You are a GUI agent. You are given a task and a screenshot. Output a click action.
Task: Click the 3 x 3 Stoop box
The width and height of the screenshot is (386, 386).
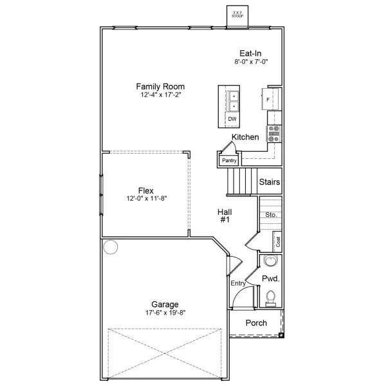tap(237, 14)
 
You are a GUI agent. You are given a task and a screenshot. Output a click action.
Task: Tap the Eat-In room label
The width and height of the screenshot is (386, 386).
tap(250, 53)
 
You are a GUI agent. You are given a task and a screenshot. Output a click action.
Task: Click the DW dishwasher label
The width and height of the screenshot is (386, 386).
tap(232, 119)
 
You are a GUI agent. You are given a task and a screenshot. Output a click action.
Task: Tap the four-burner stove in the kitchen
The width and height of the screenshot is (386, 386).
tap(274, 133)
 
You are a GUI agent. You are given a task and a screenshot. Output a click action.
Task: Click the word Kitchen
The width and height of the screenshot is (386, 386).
tap(245, 137)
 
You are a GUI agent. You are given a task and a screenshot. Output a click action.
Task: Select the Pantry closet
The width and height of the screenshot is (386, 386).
tap(228, 160)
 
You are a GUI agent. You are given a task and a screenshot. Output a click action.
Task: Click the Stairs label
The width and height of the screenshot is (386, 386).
tap(269, 182)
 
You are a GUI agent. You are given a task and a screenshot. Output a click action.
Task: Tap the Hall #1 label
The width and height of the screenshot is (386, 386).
tap(225, 216)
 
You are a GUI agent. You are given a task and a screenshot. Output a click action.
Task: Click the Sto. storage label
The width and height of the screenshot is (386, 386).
tap(271, 215)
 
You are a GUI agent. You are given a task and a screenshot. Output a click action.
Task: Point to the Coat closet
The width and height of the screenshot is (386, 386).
tap(278, 242)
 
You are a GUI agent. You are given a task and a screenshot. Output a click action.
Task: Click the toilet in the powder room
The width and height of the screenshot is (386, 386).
tap(271, 297)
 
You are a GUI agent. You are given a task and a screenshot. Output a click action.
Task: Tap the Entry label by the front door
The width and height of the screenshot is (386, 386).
tap(237, 283)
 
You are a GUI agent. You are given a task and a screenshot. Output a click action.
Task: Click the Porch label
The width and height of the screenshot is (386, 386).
tap(256, 323)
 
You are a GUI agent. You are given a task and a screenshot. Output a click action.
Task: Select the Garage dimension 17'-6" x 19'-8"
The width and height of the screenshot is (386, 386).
tap(165, 313)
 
